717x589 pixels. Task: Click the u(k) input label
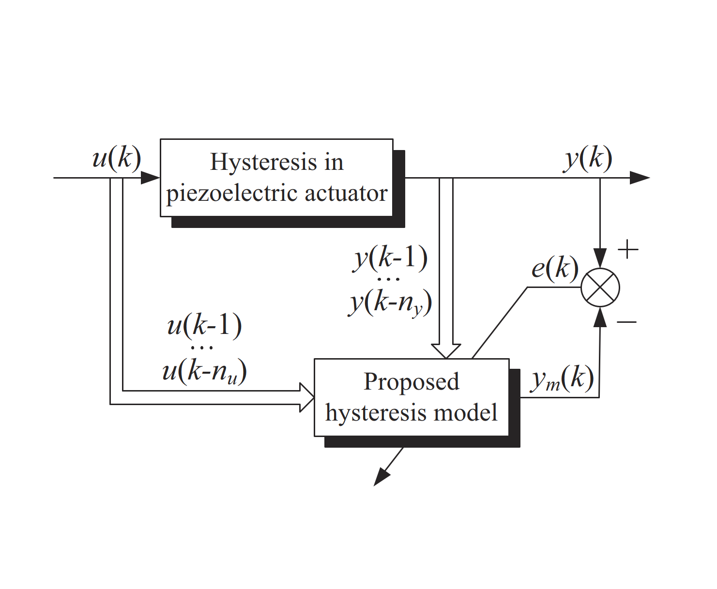click(117, 158)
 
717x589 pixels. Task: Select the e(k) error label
click(555, 268)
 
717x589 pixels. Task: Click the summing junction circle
click(600, 287)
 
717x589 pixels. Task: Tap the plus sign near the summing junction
click(628, 249)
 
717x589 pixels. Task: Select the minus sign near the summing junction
click(626, 321)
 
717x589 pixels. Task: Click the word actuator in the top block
click(346, 194)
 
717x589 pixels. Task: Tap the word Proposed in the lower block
click(412, 382)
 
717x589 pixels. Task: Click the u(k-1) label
click(205, 325)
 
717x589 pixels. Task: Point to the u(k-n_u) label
click(205, 371)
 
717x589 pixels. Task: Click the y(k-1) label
click(390, 258)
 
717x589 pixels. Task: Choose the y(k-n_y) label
click(390, 303)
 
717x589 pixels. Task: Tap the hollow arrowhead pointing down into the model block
click(446, 351)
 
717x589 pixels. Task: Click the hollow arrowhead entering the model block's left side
click(306, 397)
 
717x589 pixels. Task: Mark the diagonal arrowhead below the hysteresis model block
click(382, 477)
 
